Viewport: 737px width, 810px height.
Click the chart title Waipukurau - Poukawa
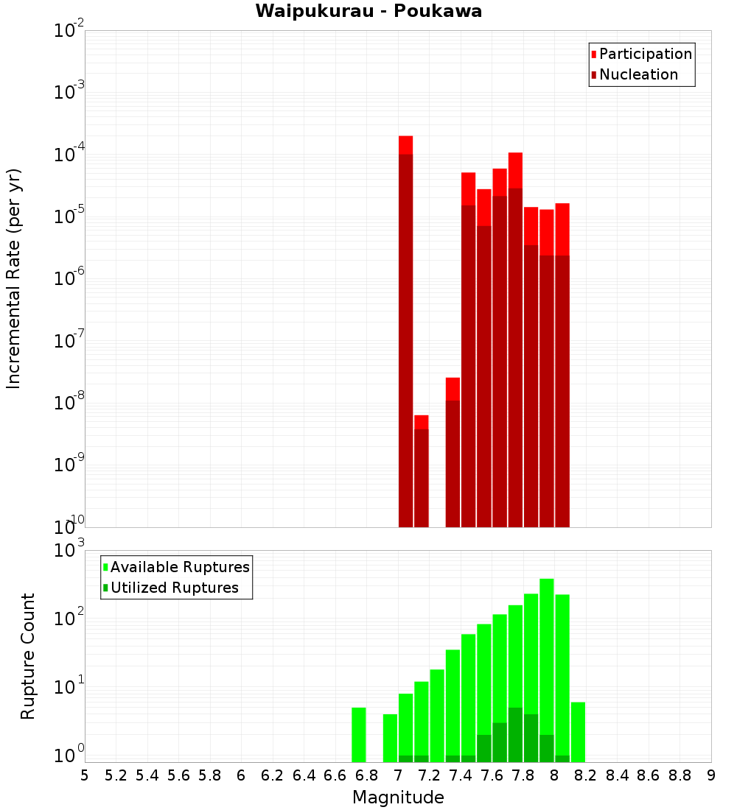tap(368, 12)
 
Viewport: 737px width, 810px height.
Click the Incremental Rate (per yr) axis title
tap(13, 278)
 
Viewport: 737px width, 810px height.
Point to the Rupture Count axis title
tap(28, 656)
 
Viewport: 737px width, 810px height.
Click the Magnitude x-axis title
tap(398, 797)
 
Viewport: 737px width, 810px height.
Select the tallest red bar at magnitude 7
tap(405, 331)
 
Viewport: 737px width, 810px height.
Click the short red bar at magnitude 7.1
tap(422, 471)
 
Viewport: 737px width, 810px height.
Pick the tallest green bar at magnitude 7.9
tap(547, 663)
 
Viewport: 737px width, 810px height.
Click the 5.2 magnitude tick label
tap(116, 775)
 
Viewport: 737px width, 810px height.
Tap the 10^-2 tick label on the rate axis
tap(69, 31)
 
